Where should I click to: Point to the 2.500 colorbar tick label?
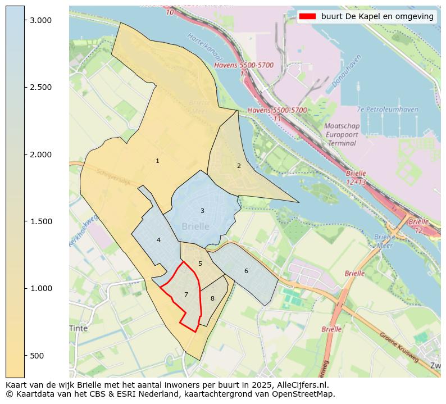point(40,87)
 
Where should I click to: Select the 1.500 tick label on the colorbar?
point(40,221)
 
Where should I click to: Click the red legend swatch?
point(307,16)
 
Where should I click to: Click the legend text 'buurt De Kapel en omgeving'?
point(377,16)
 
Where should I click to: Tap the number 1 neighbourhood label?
point(157,161)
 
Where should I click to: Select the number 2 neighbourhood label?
point(239,166)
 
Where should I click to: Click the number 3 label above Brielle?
point(202,211)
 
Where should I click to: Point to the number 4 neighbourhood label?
point(158,240)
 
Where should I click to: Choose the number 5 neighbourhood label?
point(200,264)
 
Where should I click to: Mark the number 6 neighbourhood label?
point(246,271)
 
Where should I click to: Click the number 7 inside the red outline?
point(186,294)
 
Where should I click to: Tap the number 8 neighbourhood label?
point(212,298)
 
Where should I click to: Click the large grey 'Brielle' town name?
point(195,226)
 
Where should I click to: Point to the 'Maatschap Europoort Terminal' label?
point(342,135)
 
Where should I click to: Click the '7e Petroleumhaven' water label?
point(388,110)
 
